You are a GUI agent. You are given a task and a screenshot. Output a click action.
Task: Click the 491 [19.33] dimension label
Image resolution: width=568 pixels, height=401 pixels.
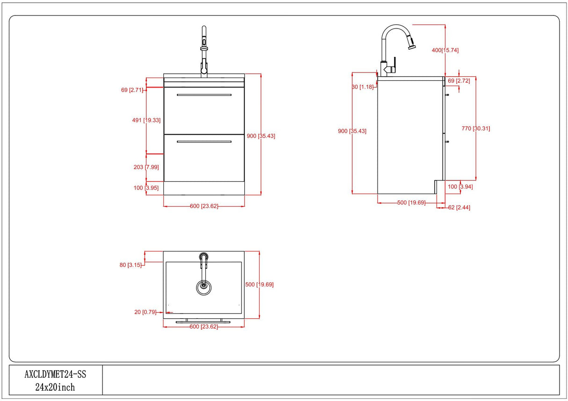click(146, 120)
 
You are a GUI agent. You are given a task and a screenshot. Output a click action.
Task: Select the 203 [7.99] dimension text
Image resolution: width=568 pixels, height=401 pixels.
click(146, 167)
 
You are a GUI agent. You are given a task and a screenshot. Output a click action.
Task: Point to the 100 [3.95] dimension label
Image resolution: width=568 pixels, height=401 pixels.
click(146, 188)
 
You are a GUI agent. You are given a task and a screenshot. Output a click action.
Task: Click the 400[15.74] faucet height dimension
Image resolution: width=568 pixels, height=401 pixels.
click(444, 50)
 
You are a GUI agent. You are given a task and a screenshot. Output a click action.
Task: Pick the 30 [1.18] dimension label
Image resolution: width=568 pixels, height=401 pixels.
click(363, 86)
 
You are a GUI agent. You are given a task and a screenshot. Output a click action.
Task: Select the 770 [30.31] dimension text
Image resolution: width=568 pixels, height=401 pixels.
click(475, 128)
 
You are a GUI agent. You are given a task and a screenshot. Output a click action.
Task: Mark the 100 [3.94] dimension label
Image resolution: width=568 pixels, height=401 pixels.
click(460, 187)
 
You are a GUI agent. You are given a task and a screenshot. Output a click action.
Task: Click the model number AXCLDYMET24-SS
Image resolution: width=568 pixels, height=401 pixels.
click(55, 374)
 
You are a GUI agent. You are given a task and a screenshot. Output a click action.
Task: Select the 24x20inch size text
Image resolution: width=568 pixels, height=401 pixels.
click(55, 387)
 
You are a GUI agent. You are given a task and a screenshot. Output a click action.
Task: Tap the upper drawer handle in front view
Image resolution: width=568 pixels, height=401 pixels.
click(204, 95)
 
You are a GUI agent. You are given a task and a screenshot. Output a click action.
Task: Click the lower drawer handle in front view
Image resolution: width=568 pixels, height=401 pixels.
click(204, 141)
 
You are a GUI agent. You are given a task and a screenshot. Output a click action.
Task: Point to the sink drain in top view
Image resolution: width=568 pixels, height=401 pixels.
click(204, 286)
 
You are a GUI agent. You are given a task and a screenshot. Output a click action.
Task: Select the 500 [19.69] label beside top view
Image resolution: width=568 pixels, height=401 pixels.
click(259, 284)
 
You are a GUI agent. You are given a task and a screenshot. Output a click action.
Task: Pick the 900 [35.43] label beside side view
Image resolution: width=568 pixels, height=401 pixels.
click(352, 131)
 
